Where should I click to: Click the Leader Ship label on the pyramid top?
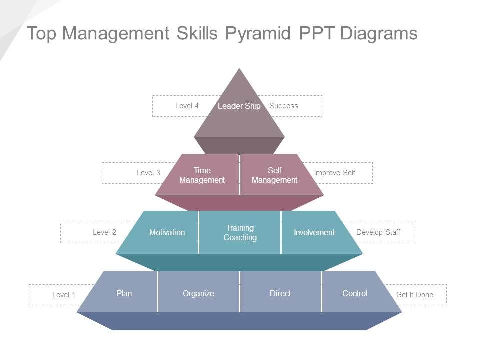tap(239, 106)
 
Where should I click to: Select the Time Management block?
tap(202, 175)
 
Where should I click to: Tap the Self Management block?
tap(274, 175)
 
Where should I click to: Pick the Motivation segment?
tap(167, 232)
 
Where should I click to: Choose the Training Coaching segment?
tap(240, 233)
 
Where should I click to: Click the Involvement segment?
tap(314, 232)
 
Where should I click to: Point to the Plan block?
tap(124, 293)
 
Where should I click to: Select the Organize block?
tap(198, 293)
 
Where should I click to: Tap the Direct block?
tap(280, 293)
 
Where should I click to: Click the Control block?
tap(355, 293)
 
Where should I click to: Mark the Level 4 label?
tap(187, 106)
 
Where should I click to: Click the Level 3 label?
tap(148, 173)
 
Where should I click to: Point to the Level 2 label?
tap(104, 232)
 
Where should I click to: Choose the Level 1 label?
tap(64, 295)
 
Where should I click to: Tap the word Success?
tap(283, 106)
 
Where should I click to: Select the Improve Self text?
tap(334, 173)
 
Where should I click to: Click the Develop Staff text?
tap(378, 232)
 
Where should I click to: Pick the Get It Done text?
tap(414, 295)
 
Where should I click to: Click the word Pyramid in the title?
tap(258, 34)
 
